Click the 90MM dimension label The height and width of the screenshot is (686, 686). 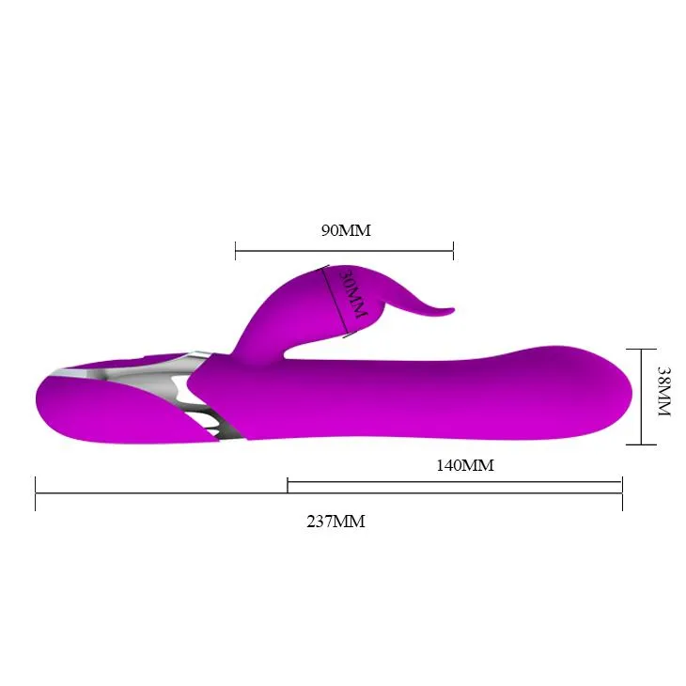coord(346,230)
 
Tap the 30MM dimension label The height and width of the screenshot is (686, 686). coord(354,293)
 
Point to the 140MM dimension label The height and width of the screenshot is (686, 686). coord(465,465)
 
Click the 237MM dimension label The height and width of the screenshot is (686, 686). coord(335,522)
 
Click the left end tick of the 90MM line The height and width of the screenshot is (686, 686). coord(235,251)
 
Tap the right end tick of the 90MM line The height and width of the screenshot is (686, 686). coord(453,251)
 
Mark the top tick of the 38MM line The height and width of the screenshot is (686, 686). coord(642,350)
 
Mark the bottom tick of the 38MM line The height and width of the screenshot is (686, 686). coord(642,444)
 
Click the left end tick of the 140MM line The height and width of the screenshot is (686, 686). coord(288,485)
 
